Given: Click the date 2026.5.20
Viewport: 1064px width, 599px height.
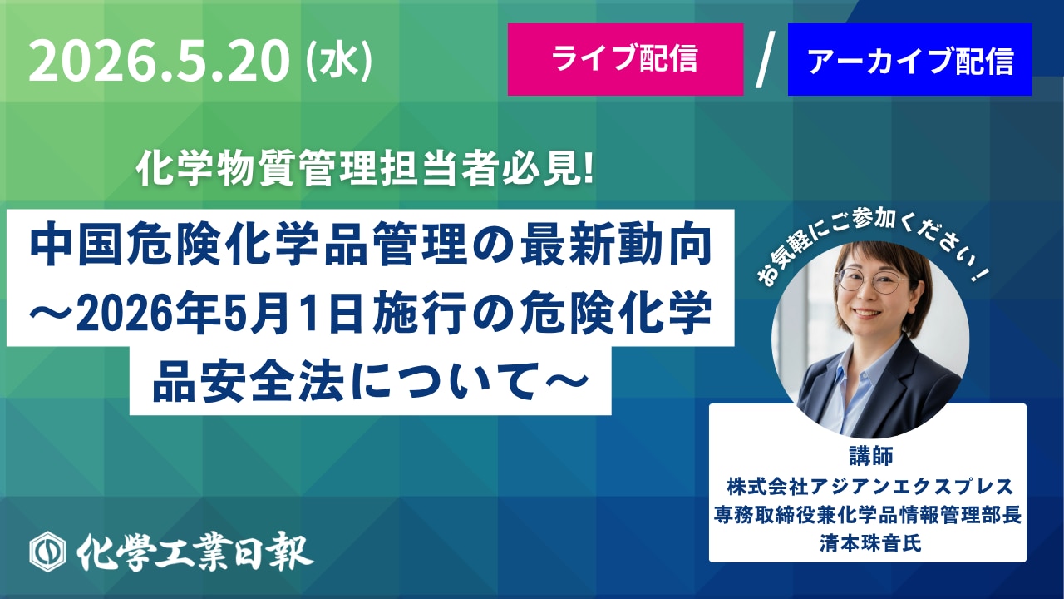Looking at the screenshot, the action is pyautogui.click(x=159, y=61).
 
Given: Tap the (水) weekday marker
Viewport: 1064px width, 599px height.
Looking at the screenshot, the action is pyautogui.click(x=338, y=61).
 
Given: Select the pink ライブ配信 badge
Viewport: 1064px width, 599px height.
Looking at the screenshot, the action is pyautogui.click(x=626, y=59).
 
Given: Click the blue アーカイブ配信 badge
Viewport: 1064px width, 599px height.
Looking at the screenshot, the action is pyautogui.click(x=909, y=59).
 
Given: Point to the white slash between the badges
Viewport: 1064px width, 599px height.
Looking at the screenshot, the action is pyautogui.click(x=766, y=59).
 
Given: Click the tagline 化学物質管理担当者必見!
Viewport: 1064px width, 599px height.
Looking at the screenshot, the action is pyautogui.click(x=365, y=169).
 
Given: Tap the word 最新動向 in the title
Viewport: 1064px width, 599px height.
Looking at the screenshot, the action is pyautogui.click(x=616, y=245).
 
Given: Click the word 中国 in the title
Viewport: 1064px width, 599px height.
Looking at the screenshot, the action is pyautogui.click(x=77, y=245).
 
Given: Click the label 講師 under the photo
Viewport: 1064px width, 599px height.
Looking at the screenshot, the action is pyautogui.click(x=871, y=455).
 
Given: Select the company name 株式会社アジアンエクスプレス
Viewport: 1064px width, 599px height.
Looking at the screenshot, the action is pyautogui.click(x=869, y=487).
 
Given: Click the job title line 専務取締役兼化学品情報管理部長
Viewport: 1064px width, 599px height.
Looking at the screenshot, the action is pyautogui.click(x=868, y=515).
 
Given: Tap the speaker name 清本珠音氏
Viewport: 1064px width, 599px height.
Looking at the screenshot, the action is pyautogui.click(x=870, y=543).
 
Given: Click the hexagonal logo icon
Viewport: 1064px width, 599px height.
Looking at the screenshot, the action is pyautogui.click(x=47, y=552).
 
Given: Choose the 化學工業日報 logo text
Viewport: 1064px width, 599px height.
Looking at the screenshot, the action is pyautogui.click(x=195, y=552).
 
